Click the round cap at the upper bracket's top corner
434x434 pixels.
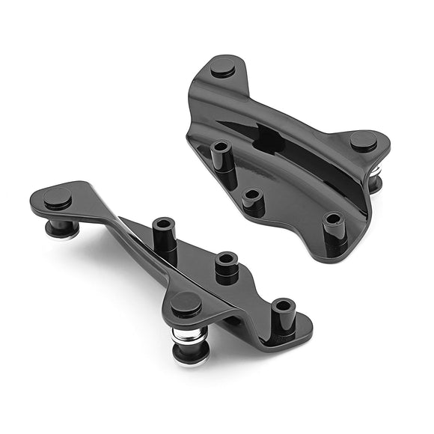click(223, 67)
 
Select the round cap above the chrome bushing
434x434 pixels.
click(185, 303)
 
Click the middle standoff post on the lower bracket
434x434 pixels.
click(226, 266)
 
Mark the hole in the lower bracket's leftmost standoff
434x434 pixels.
click(164, 224)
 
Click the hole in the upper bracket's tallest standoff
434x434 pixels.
click(221, 146)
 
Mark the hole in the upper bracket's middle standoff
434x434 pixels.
click(253, 194)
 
